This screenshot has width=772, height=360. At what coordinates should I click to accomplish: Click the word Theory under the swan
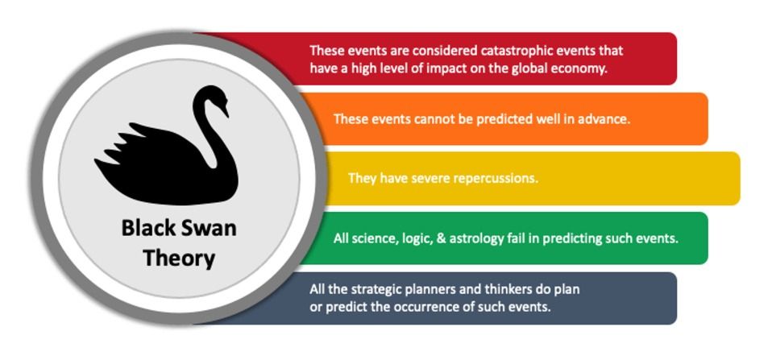(179, 259)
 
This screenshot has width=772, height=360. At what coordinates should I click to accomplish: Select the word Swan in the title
(206, 229)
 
